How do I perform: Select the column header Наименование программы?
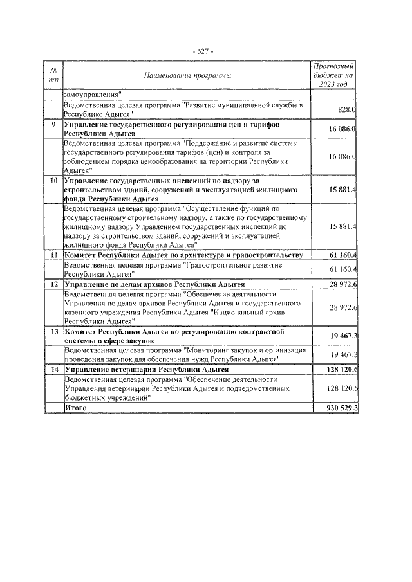pos(187,76)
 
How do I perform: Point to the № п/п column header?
pos(53,75)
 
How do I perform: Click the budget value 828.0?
pos(347,109)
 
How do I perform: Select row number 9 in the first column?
pos(53,123)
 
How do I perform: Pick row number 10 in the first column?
pos(53,182)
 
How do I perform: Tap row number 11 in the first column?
pos(53,255)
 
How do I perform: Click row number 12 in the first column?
pos(53,284)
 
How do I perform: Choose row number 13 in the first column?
pos(53,330)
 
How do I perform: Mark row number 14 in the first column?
pos(53,370)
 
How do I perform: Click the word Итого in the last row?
pos(75,408)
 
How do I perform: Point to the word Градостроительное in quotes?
pos(220,264)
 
